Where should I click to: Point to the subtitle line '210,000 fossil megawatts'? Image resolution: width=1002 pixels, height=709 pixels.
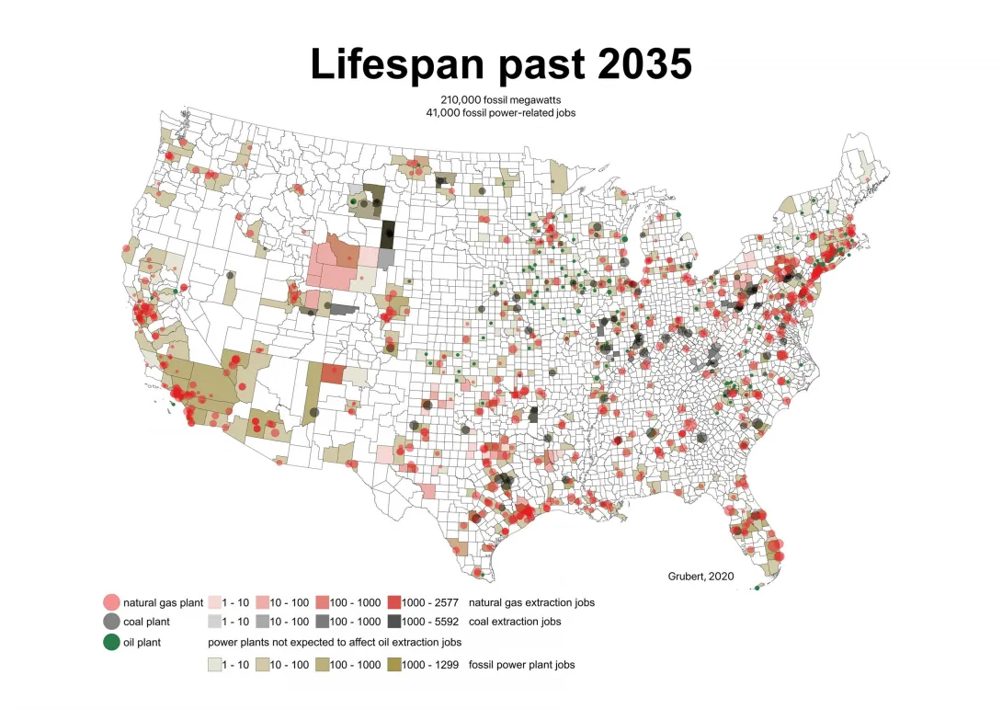[x=500, y=98]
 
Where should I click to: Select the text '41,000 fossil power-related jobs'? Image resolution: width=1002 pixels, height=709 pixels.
[x=500, y=112]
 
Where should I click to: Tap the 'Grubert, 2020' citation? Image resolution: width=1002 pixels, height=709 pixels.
[x=700, y=576]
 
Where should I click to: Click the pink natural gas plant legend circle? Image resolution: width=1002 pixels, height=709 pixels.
[x=111, y=602]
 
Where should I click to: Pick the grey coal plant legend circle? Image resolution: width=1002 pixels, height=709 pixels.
[x=111, y=622]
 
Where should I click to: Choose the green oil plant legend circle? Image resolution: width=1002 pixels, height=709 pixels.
[x=111, y=642]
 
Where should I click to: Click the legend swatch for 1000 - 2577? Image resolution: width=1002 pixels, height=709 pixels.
[x=395, y=602]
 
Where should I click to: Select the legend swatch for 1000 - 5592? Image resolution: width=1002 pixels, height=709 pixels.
[x=395, y=622]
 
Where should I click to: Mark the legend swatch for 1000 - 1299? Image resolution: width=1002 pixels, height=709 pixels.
[x=395, y=664]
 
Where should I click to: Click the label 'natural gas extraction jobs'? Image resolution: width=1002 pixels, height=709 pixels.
[x=531, y=602]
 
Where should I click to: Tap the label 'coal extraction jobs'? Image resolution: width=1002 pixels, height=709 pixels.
[x=515, y=622]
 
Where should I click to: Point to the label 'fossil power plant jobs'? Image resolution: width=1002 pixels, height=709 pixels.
[x=522, y=664]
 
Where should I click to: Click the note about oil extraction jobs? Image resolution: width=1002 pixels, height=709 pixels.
[x=335, y=642]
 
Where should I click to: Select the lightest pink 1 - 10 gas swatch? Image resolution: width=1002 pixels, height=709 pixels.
[x=215, y=602]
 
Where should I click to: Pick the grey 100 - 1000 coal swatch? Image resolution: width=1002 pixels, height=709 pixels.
[x=322, y=622]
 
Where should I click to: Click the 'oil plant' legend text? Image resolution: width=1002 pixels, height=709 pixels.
[x=142, y=642]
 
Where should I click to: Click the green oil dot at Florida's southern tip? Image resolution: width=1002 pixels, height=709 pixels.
[x=757, y=589]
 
